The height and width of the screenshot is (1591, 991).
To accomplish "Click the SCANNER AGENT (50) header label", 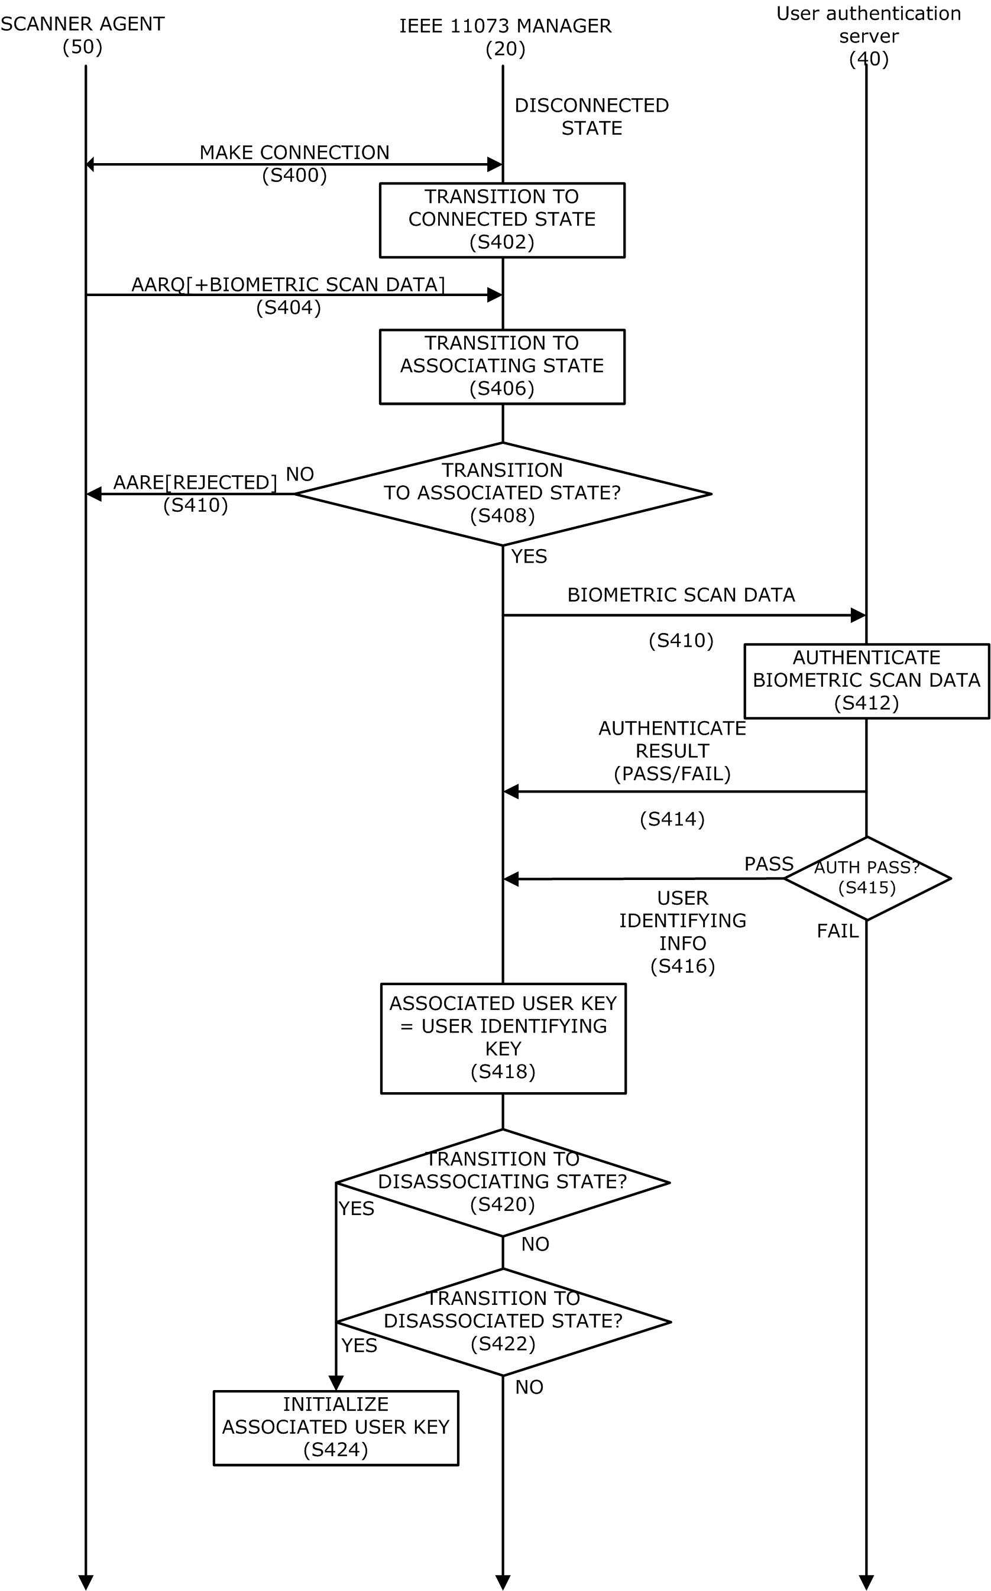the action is [x=83, y=35].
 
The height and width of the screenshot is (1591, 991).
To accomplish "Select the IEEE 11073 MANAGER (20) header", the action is [x=506, y=37].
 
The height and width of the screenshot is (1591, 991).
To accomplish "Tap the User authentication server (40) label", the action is [x=869, y=36].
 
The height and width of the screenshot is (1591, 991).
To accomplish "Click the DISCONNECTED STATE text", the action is [x=591, y=116].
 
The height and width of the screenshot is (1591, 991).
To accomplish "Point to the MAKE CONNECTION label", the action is [x=294, y=152].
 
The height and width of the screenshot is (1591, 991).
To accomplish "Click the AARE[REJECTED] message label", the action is [x=195, y=483].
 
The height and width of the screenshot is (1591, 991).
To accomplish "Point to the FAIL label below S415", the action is [x=837, y=931].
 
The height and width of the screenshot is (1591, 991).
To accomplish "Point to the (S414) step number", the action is [x=672, y=819].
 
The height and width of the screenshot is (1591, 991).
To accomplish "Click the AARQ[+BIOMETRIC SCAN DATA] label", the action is [x=289, y=285].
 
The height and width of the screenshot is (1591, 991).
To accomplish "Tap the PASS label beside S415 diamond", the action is [x=769, y=864].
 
